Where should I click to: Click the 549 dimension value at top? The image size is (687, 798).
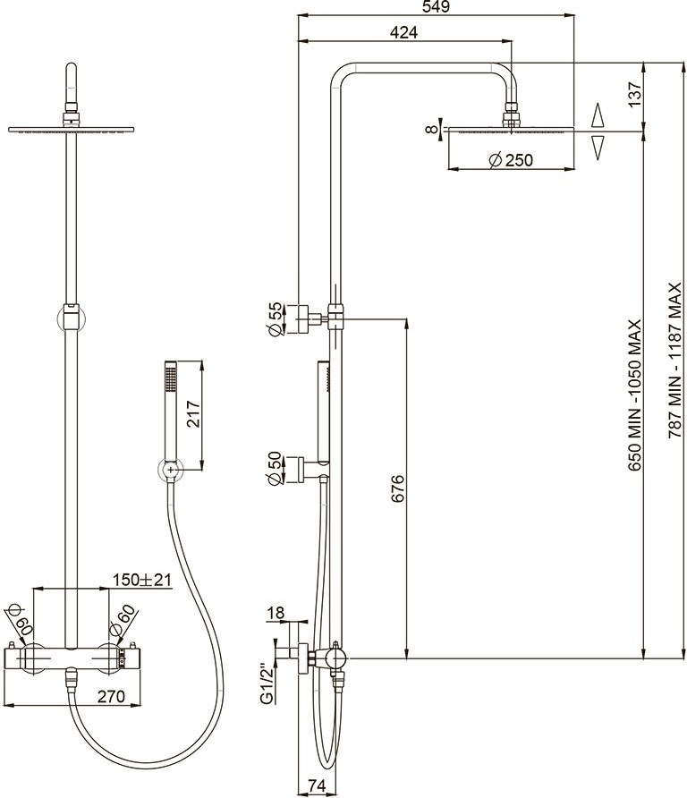(437, 7)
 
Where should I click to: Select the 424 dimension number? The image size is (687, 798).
(403, 32)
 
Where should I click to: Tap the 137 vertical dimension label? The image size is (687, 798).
(635, 94)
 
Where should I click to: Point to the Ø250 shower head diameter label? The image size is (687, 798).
(511, 160)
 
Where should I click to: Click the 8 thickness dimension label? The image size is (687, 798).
(431, 129)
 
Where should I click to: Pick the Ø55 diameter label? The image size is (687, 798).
(276, 319)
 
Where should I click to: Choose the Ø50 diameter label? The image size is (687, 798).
(276, 468)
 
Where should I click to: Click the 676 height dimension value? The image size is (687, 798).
(398, 488)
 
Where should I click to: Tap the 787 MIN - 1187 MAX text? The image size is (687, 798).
(674, 361)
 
